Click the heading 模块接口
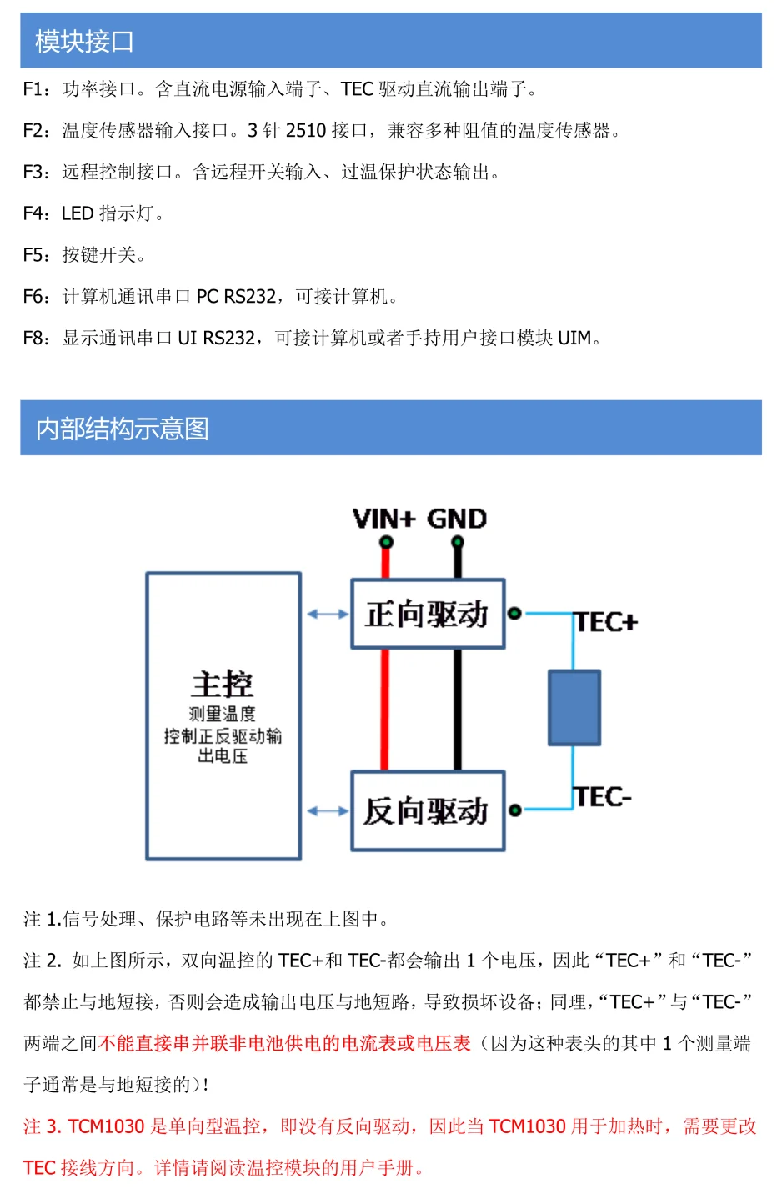click(x=84, y=41)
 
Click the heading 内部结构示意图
click(x=122, y=429)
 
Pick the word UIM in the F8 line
click(x=574, y=338)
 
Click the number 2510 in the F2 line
click(x=305, y=131)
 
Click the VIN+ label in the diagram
click(x=383, y=519)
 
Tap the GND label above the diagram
click(x=456, y=519)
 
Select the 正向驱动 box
click(x=428, y=614)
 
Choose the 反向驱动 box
click(x=428, y=810)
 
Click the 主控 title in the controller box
click(x=222, y=684)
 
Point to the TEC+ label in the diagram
click(x=605, y=622)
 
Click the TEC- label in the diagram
click(x=602, y=797)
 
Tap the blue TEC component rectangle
click(x=574, y=707)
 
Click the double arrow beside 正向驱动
click(x=328, y=615)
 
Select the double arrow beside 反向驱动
click(x=328, y=810)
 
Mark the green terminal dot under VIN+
click(x=386, y=543)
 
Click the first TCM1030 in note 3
click(x=107, y=1126)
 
